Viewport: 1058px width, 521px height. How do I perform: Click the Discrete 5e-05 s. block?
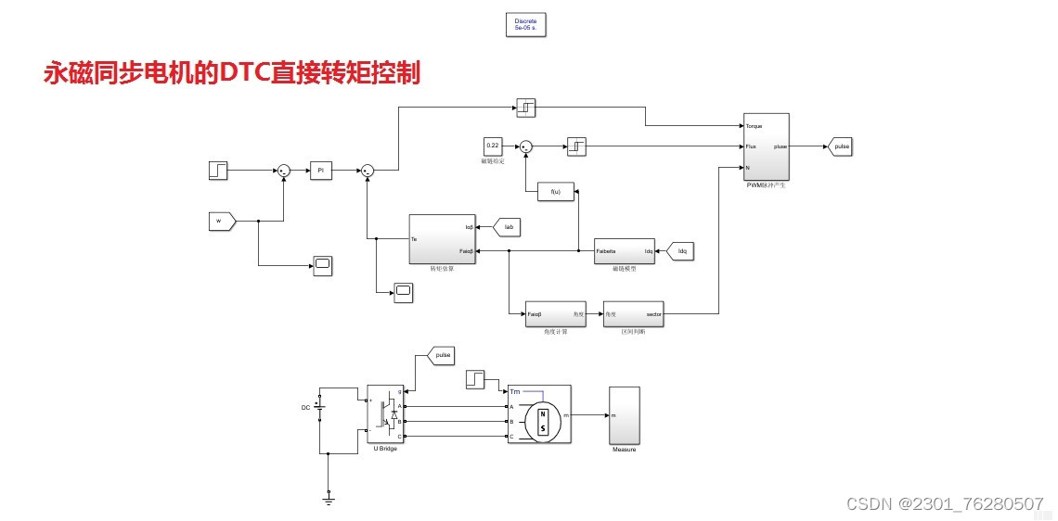coord(525,25)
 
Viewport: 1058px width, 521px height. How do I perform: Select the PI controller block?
coord(320,171)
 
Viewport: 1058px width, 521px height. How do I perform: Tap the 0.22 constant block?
coord(493,146)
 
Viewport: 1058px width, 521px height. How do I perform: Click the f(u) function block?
coord(556,192)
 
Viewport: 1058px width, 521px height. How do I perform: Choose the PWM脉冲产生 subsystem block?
coord(766,146)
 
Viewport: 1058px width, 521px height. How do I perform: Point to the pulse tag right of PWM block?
coord(840,146)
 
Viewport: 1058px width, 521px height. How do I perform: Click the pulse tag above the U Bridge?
coord(441,354)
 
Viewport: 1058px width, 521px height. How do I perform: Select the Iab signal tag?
coord(507,226)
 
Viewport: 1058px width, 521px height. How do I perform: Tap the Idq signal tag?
coord(679,250)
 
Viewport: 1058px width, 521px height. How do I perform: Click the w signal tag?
coord(222,221)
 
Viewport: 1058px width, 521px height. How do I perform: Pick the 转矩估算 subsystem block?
coord(443,239)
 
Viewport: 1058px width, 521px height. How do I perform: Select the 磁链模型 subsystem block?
coord(624,250)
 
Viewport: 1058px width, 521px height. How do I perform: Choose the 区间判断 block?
coord(633,314)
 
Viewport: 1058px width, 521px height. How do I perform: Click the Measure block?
coord(624,414)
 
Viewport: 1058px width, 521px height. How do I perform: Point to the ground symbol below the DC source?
coord(329,498)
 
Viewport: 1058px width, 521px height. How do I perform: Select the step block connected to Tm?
coord(474,380)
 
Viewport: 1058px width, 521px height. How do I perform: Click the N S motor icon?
coord(543,420)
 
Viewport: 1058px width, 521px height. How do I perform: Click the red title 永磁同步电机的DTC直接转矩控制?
coord(232,73)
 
